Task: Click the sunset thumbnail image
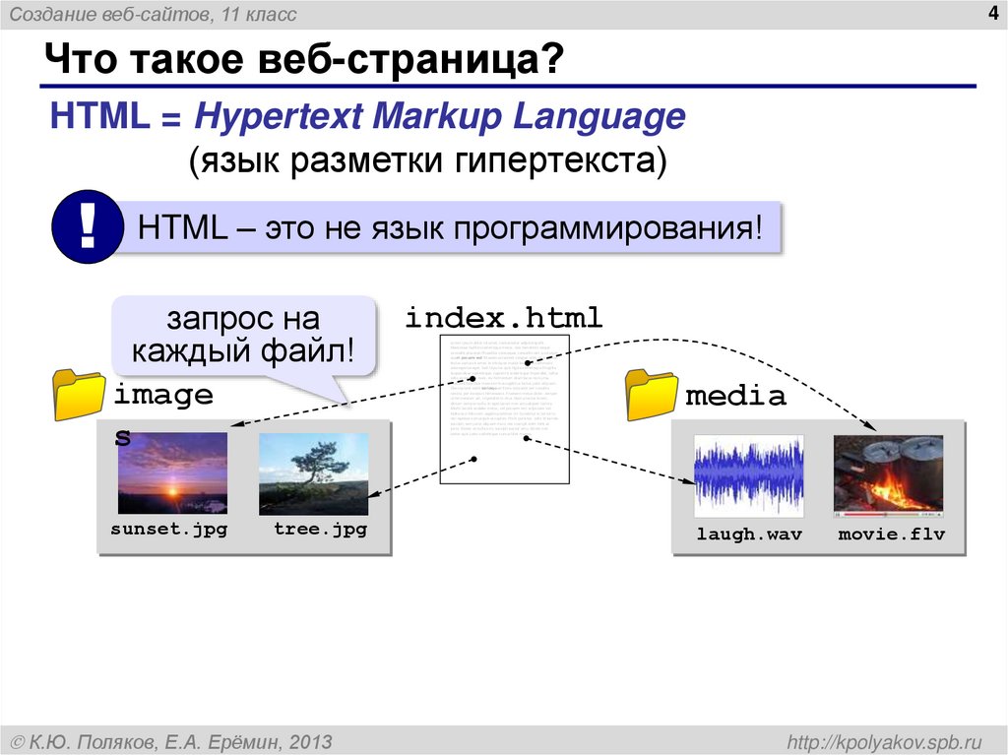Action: point(172,472)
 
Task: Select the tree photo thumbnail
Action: point(313,472)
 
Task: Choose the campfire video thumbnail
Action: point(888,475)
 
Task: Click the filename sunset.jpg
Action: point(169,530)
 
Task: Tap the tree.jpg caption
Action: point(320,530)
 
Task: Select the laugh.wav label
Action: point(749,535)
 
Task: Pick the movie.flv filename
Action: point(891,535)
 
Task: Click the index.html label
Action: point(503,318)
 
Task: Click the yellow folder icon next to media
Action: point(651,395)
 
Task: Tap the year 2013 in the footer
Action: point(311,740)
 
